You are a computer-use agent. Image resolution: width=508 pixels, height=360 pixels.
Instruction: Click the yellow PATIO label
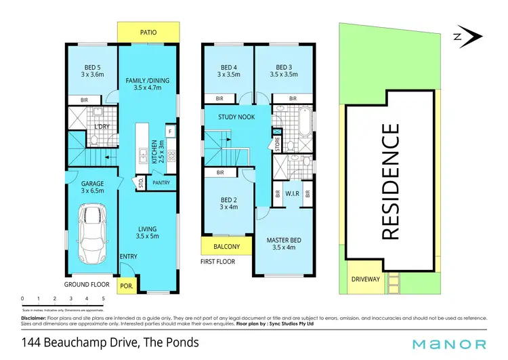coord(148,31)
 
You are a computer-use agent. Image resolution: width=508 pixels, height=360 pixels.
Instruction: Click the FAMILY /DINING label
coord(148,81)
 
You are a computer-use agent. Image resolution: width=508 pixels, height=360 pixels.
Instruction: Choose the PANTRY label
coord(161,182)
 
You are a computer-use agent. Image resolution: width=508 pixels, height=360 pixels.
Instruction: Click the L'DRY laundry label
coord(103,127)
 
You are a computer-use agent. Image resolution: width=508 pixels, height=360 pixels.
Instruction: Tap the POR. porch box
coord(126,287)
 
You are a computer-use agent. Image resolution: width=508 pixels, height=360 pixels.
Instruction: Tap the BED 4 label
coord(229,67)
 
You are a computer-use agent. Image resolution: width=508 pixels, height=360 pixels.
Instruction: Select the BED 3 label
coord(284,67)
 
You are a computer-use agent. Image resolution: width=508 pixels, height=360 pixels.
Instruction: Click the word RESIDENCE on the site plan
coord(390,181)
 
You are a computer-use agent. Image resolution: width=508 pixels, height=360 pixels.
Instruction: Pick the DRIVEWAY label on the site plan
coord(366,279)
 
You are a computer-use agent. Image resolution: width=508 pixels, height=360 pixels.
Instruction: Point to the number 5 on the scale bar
coord(104,298)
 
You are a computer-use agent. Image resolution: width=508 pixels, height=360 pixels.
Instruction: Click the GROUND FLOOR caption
coord(85,285)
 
